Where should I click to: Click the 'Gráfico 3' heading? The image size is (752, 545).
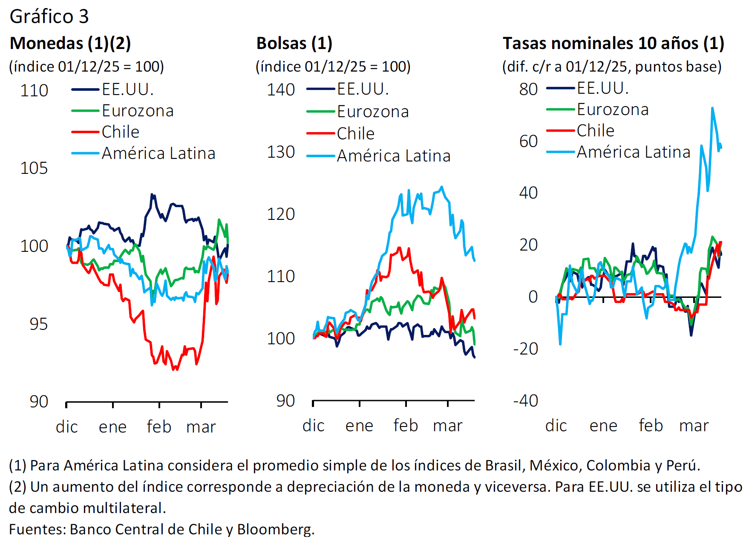pos(49,17)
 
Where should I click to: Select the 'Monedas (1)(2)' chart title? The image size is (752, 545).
pos(70,43)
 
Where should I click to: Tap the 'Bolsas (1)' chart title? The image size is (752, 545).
pos(294,43)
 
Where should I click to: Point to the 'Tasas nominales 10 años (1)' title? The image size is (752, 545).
pos(613,43)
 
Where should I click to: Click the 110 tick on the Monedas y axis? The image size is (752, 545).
pos(34,91)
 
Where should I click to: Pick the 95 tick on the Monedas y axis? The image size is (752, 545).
pos(38,324)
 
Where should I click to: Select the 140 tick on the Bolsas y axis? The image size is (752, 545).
pos(281,90)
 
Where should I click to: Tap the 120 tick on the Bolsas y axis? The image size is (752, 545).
pos(281,214)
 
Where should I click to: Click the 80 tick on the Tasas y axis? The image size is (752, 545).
pos(528,89)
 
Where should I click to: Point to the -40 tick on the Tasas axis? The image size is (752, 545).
pos(526,401)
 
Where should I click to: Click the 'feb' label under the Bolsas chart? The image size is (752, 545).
pos(406,426)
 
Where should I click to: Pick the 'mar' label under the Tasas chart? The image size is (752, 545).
pos(694,426)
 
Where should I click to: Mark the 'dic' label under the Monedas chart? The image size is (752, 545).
pos(66,427)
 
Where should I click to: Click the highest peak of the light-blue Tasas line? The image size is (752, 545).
pos(712,108)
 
